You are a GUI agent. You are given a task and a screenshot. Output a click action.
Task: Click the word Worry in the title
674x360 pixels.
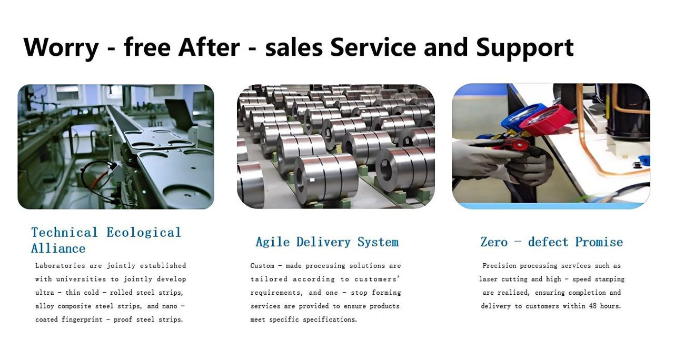point(61,47)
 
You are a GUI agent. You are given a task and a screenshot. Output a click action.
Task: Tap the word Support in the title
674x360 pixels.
point(525,48)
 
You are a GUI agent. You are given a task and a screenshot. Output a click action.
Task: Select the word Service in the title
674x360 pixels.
point(373,47)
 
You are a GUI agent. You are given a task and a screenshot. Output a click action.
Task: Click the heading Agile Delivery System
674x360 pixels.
point(327,242)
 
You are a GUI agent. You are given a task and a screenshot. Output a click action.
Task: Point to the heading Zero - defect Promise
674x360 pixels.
point(551,242)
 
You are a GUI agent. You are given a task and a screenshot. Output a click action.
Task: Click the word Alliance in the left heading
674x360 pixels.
point(58,249)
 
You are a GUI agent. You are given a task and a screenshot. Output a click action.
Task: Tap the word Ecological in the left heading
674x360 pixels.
point(144,233)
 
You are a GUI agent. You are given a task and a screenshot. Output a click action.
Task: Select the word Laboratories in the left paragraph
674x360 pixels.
point(60,266)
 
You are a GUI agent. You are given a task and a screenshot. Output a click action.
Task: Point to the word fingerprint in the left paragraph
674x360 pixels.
point(82,319)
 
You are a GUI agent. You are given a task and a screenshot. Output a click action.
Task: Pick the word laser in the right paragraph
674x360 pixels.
point(488,279)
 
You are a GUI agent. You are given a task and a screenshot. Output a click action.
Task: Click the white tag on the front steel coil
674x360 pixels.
point(312,180)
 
